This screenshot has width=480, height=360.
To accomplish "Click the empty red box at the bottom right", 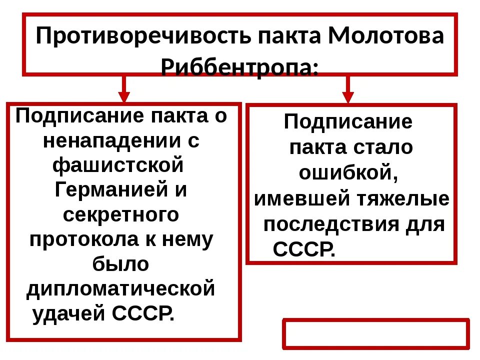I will (x=376, y=333).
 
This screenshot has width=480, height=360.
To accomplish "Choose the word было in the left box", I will (x=121, y=264).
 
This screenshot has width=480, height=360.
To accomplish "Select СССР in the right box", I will (x=303, y=248).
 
